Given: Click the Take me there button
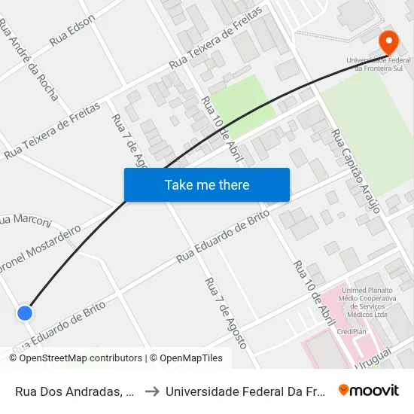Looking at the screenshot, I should click(207, 185).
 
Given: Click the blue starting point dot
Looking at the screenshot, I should click(25, 312).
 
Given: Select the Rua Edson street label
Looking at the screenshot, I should click(72, 31).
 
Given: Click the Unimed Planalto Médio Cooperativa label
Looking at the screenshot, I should click(364, 302).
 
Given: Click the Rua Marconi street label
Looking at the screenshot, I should click(26, 220).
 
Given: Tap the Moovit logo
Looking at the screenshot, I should click(368, 390).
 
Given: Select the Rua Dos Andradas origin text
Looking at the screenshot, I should click(75, 391).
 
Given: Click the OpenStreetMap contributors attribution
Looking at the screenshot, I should click(75, 358).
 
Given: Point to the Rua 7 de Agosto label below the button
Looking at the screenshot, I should click(225, 313).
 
